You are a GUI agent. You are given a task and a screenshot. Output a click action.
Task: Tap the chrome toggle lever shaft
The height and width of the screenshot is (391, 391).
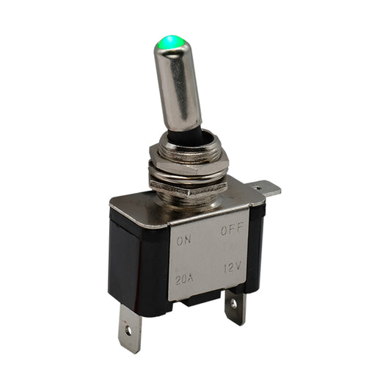click(177, 85)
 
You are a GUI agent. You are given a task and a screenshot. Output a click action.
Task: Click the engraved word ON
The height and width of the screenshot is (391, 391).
click(184, 241)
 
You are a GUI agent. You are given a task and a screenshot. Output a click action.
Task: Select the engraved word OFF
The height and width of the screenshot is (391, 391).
click(232, 230)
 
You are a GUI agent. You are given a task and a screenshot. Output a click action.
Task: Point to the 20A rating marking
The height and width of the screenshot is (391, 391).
click(184, 279)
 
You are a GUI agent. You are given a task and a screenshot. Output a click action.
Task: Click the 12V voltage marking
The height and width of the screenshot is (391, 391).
click(233, 268)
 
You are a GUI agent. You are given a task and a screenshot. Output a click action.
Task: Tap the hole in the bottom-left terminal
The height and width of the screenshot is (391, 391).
click(128, 331)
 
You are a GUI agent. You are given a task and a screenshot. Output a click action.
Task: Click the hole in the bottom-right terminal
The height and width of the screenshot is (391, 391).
click(234, 304)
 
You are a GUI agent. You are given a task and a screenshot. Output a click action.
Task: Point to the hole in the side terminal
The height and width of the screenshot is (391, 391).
click(255, 186)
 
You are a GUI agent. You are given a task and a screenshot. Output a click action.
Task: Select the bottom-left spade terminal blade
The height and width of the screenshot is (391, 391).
click(130, 329)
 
